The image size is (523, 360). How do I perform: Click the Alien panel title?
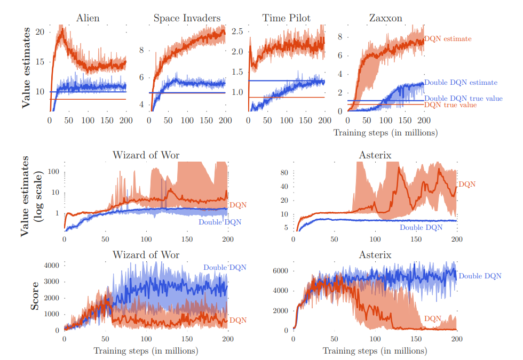pos(88,18)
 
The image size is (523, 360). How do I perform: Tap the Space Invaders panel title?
pos(187,18)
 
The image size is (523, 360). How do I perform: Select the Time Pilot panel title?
pos(286,18)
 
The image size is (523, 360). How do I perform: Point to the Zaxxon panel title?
pos(386,18)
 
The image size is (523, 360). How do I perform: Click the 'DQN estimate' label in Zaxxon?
pos(448,39)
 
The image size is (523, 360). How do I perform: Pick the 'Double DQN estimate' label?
pos(461,83)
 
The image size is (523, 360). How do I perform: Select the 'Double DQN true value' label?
pos(462,99)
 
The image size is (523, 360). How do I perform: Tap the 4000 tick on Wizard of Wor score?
pos(51,265)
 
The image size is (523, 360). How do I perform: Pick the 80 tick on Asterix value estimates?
pos(284,173)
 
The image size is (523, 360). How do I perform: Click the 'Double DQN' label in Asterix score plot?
pos(480,276)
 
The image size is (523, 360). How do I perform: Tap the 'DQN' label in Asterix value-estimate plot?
pos(466,185)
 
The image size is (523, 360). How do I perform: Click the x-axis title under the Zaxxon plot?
pos(385,132)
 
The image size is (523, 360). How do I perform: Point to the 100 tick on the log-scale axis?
pos(53,172)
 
